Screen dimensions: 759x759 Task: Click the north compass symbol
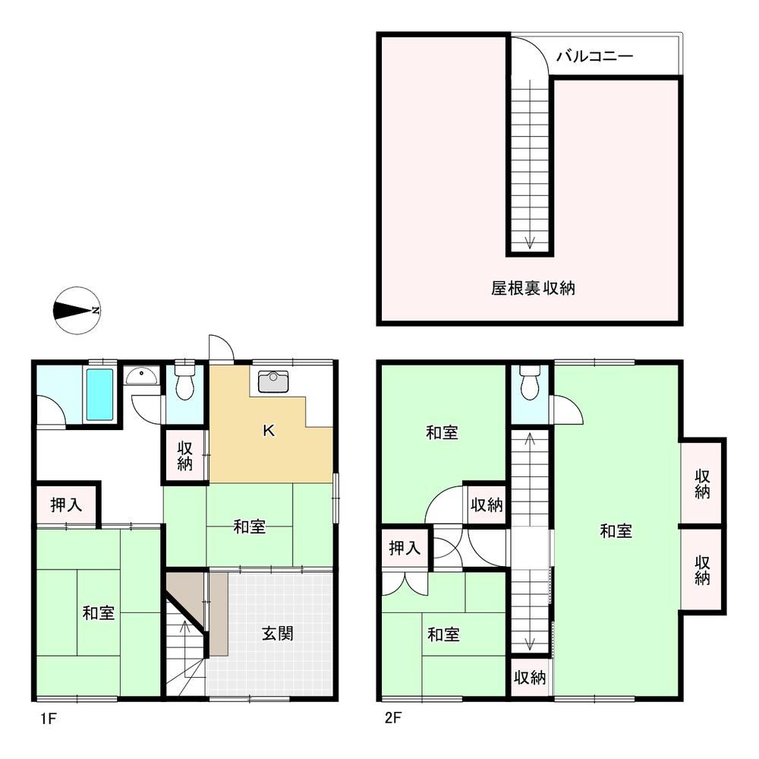tap(77, 311)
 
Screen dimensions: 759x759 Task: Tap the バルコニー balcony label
tap(594, 56)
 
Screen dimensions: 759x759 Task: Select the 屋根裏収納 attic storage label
tap(533, 289)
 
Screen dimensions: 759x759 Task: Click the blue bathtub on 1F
tap(99, 394)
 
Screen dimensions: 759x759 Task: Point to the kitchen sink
tap(273, 381)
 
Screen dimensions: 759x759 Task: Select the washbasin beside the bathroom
tap(140, 375)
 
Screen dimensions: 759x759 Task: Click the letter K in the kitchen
tap(269, 430)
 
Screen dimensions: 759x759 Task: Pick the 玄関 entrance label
tap(277, 634)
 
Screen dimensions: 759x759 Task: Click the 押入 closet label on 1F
tap(66, 505)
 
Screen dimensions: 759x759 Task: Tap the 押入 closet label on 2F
tap(405, 549)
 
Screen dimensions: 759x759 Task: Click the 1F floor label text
tap(49, 718)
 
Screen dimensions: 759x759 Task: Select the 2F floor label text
tap(392, 717)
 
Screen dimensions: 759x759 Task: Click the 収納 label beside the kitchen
tap(185, 456)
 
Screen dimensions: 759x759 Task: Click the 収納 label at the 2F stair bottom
tap(530, 677)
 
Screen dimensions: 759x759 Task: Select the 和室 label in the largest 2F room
tap(616, 531)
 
